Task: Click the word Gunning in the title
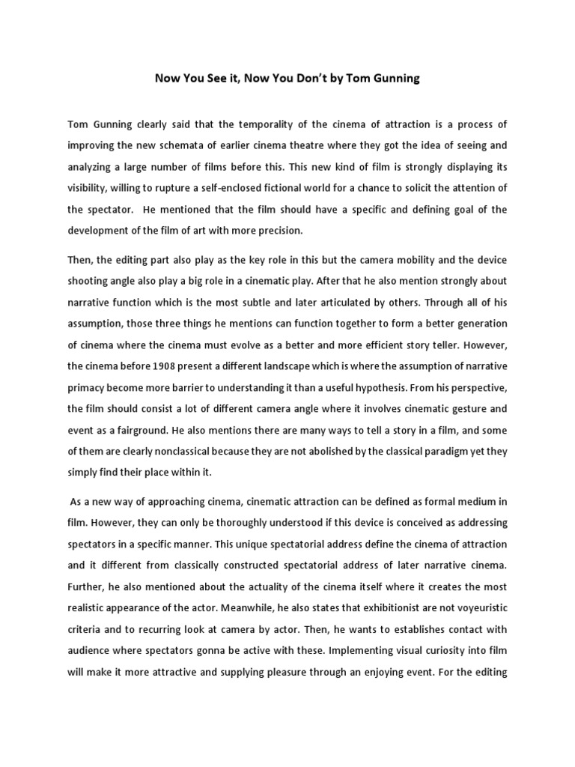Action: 393,79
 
